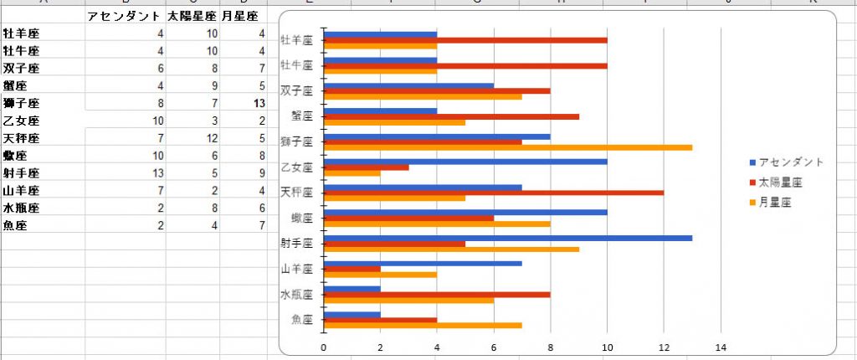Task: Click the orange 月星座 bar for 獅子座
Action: [507, 147]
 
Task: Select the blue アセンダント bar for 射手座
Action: [507, 238]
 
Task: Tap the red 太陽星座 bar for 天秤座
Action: [493, 193]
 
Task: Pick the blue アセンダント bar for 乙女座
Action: [464, 162]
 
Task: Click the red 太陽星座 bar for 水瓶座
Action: [436, 294]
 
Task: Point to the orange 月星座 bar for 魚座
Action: [422, 325]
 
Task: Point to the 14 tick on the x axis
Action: [721, 347]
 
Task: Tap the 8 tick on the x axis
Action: [550, 347]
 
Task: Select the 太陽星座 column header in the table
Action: [192, 16]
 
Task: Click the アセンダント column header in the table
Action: [124, 16]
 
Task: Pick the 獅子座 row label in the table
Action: [22, 103]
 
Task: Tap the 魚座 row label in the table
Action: [16, 225]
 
